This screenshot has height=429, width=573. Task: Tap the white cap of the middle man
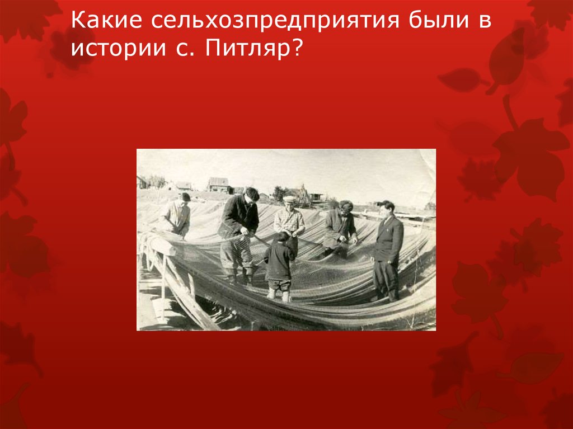tap(289, 198)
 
